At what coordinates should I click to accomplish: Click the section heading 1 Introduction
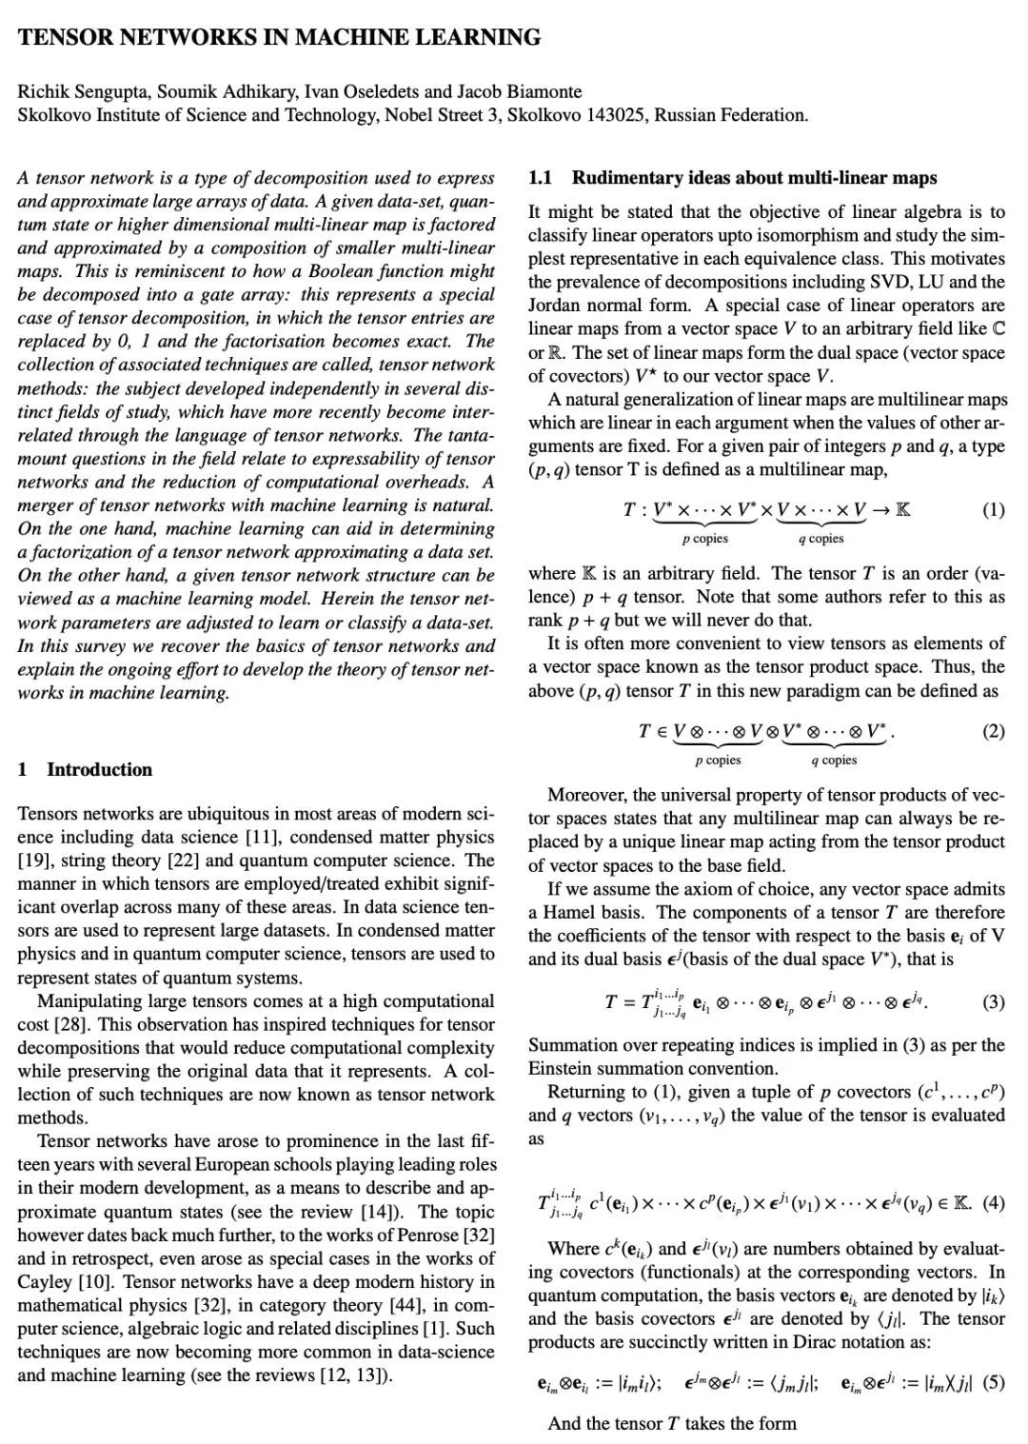click(86, 769)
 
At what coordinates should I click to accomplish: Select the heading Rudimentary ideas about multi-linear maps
click(754, 178)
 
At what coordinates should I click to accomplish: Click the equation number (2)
click(993, 731)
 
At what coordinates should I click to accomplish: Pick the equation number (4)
click(993, 1201)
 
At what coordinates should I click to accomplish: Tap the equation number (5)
click(993, 1383)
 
